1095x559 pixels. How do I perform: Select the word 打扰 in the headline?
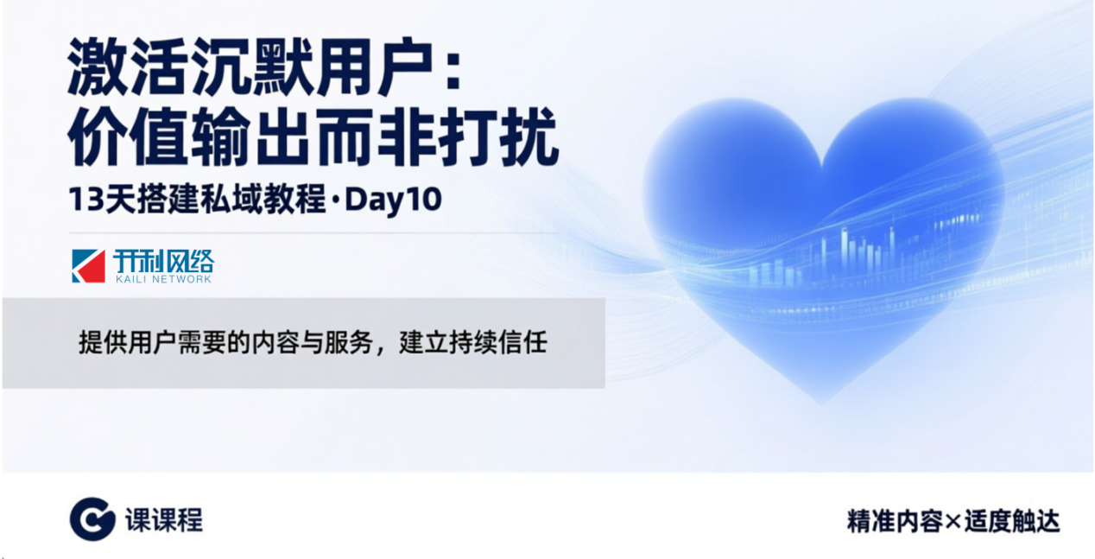[x=497, y=137]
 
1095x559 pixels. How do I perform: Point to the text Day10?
[x=394, y=200]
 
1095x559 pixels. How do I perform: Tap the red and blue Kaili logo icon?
[x=88, y=266]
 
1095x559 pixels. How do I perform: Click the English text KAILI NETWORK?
[x=163, y=279]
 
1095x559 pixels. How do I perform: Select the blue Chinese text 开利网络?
[x=163, y=261]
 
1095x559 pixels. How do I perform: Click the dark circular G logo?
[x=92, y=519]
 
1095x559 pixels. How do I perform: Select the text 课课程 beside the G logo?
[x=163, y=520]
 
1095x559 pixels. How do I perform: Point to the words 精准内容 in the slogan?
[x=895, y=521]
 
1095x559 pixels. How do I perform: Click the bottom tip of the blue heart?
[x=821, y=404]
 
